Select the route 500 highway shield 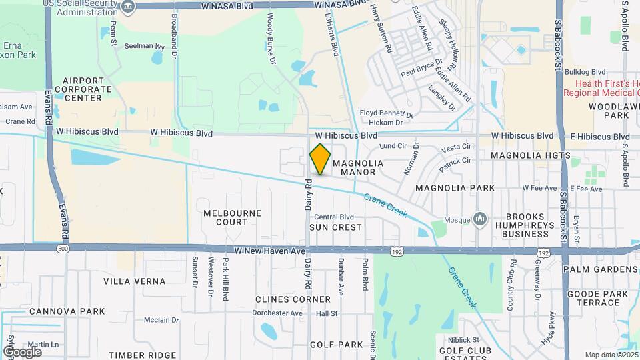(63, 249)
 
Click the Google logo (21, 351)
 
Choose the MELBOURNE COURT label (233, 217)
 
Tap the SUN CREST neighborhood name (335, 227)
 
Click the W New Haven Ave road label (269, 251)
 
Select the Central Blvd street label (333, 217)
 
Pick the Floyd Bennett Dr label (387, 114)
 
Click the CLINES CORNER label (293, 299)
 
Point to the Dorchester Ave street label (278, 313)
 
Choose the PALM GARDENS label (600, 269)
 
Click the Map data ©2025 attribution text (610, 355)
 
